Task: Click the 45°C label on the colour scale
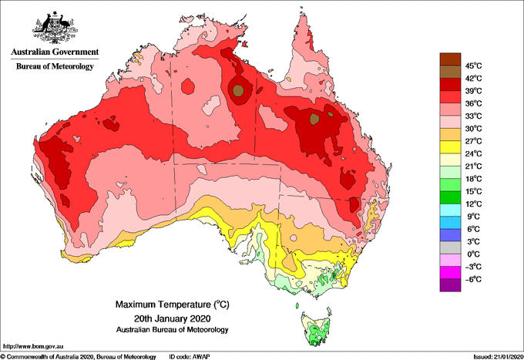point(473,66)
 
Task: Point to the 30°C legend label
point(473,129)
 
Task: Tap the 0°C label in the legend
point(473,254)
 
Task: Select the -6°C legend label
point(473,279)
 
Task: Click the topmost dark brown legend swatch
point(450,59)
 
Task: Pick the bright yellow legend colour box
point(450,147)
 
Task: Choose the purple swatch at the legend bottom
point(450,285)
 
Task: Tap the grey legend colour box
point(450,247)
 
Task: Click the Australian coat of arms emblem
point(55,28)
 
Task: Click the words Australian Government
point(55,52)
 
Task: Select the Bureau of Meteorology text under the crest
point(55,66)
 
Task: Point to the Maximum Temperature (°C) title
point(173,304)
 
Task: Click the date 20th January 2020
point(173,318)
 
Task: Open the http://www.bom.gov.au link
point(32,346)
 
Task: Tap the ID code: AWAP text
point(190,357)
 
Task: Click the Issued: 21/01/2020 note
point(498,357)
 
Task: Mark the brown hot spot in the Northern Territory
point(237,90)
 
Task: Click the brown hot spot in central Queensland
point(314,119)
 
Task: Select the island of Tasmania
point(316,328)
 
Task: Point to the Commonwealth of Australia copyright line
point(79,357)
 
